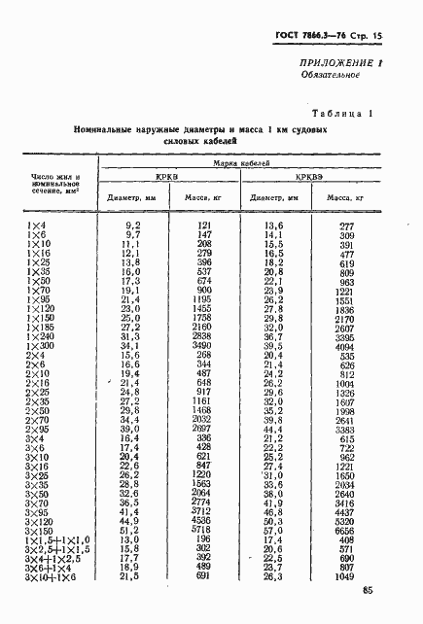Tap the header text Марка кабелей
pyautogui.click(x=232, y=164)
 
